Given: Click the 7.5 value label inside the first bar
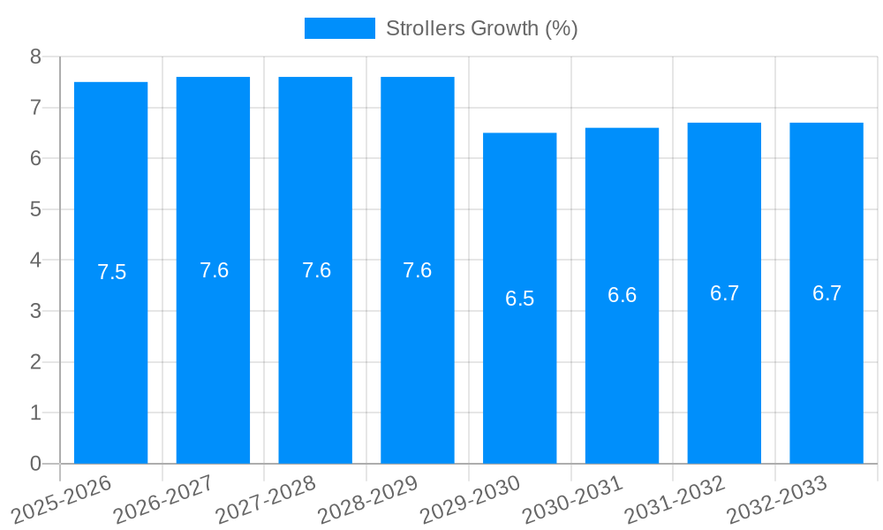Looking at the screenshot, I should (x=112, y=272).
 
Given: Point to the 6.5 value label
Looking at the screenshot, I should (x=519, y=299).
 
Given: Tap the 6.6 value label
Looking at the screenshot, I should (x=622, y=295).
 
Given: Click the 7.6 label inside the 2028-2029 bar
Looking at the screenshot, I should (x=418, y=270).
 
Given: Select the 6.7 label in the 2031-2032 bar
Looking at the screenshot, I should (x=724, y=293).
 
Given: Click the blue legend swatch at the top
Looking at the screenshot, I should (x=339, y=28).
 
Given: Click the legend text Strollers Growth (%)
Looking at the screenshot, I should (x=481, y=28).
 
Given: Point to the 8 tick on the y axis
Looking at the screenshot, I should (x=35, y=57).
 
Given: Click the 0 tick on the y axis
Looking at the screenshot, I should (x=35, y=464).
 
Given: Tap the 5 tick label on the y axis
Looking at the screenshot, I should (x=35, y=209).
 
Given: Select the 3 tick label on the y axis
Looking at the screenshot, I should (x=35, y=311).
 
